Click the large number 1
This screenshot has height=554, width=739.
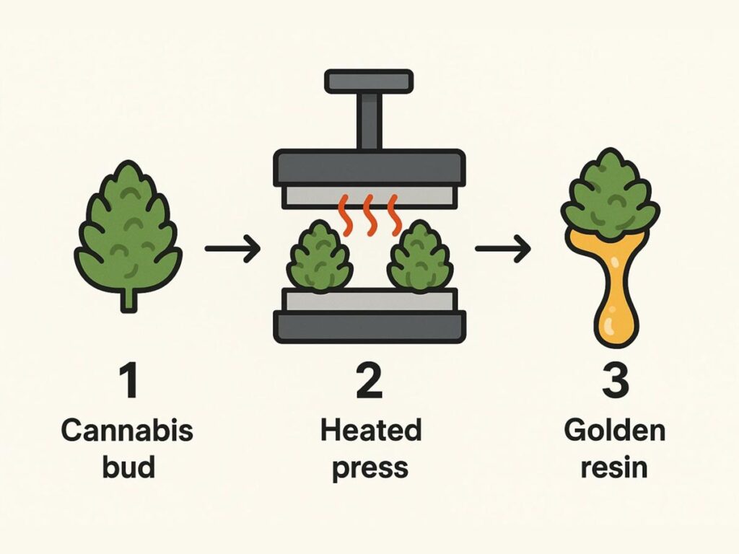[x=129, y=382]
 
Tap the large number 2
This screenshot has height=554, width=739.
[x=369, y=382]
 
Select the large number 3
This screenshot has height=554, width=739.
[x=614, y=382]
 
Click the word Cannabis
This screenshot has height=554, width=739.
[x=127, y=431]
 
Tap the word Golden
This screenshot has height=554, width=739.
[x=614, y=431]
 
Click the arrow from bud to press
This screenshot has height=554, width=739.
[x=232, y=249]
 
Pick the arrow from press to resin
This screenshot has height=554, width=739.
[x=502, y=249]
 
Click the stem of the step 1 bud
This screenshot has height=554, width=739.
[x=128, y=299]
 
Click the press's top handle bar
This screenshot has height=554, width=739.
[x=369, y=81]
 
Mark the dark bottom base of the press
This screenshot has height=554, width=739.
[x=369, y=326]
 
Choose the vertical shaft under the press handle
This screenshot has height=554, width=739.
[x=369, y=120]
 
